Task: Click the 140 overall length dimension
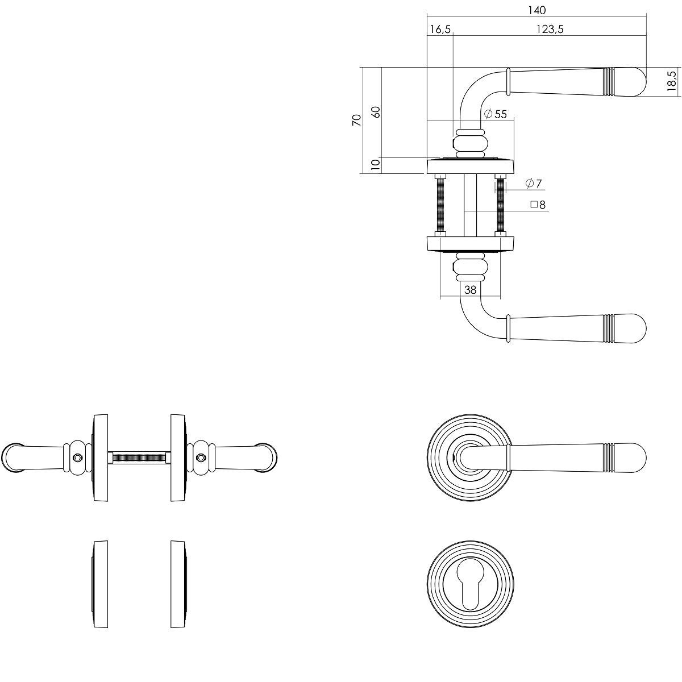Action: coord(537,11)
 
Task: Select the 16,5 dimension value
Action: coord(440,30)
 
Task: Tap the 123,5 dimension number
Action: coord(550,30)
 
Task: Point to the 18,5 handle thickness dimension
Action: coord(671,81)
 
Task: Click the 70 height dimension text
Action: coord(357,120)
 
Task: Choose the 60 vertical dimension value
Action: coord(376,112)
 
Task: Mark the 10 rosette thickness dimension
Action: coord(376,165)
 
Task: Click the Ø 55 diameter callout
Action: coord(495,114)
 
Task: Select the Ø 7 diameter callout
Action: coord(533,184)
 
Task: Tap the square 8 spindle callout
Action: coord(538,205)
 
